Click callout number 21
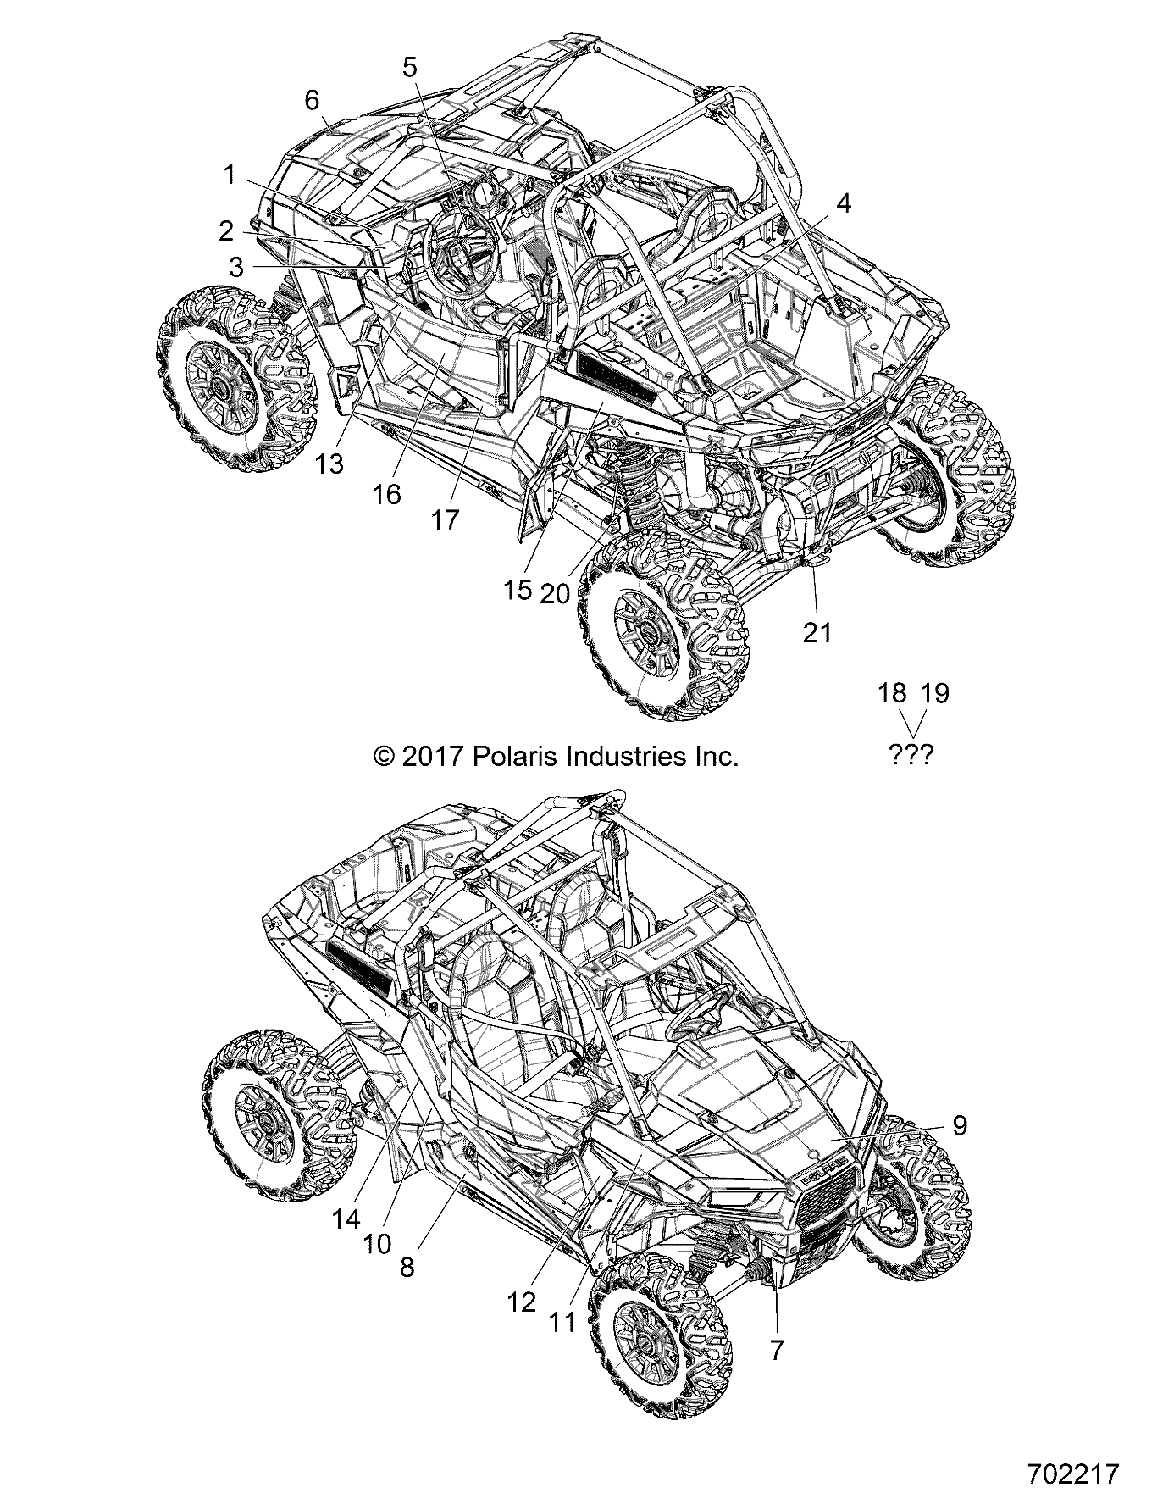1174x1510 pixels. (817, 632)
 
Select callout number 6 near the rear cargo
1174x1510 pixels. (312, 100)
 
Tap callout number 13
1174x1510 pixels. (331, 464)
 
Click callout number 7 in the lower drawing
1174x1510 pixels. (778, 1349)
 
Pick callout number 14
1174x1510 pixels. (346, 1219)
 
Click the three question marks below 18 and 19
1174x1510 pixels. (911, 754)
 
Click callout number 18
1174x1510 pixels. (892, 693)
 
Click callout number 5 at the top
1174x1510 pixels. (410, 66)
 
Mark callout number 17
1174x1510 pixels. (445, 520)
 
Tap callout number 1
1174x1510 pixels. (229, 175)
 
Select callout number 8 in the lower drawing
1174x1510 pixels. (407, 1268)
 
